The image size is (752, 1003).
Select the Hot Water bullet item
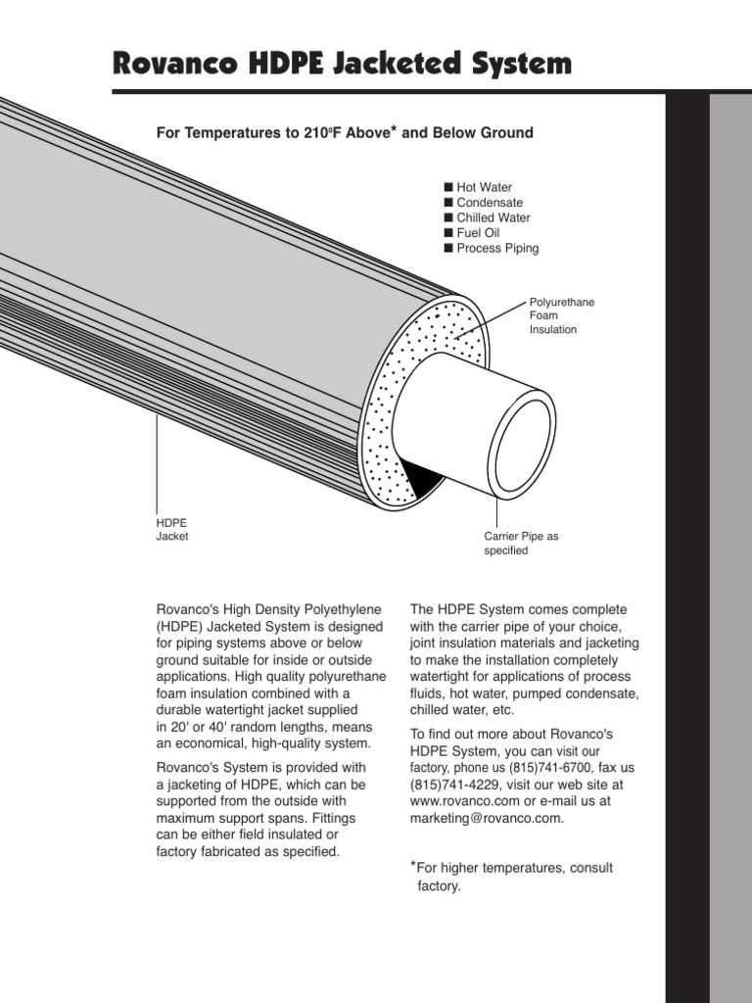pyautogui.click(x=484, y=187)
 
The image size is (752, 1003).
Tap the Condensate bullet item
pyautogui.click(x=490, y=203)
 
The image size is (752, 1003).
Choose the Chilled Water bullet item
pyautogui.click(x=493, y=217)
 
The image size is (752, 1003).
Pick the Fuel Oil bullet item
pyautogui.click(x=478, y=233)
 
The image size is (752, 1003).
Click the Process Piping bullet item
pyautogui.click(x=497, y=248)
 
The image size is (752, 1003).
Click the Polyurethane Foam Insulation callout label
pyautogui.click(x=561, y=315)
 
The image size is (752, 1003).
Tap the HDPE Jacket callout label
pyautogui.click(x=172, y=529)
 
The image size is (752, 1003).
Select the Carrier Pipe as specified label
pyautogui.click(x=521, y=544)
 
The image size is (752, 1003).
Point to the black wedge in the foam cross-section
pyautogui.click(x=422, y=477)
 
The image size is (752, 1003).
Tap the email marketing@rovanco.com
pyautogui.click(x=487, y=818)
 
